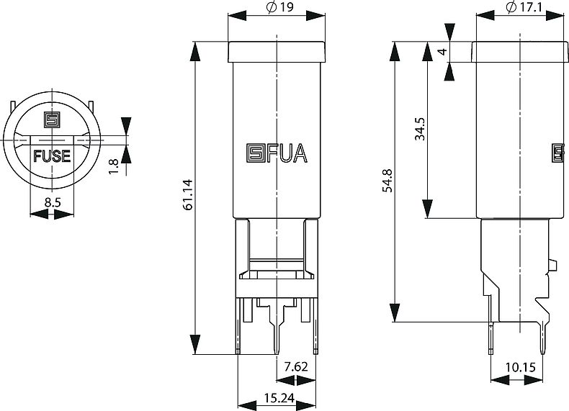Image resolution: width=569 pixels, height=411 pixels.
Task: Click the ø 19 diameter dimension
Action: click(x=279, y=7)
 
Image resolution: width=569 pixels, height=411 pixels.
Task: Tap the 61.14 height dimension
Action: click(x=187, y=195)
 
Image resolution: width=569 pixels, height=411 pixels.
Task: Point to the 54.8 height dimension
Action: click(x=387, y=180)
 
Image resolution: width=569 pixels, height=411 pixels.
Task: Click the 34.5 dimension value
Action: click(x=420, y=129)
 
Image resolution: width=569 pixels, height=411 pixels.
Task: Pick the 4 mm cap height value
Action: click(x=442, y=52)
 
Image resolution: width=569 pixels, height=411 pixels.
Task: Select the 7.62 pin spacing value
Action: click(x=296, y=367)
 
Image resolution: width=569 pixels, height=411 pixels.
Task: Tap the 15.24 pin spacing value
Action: click(x=279, y=398)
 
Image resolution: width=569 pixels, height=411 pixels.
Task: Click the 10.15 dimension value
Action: click(x=520, y=368)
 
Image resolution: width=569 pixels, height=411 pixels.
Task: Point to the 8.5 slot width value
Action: click(x=53, y=202)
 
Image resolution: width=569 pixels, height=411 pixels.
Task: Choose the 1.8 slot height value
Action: click(x=114, y=166)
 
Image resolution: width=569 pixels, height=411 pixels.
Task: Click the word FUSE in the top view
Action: click(x=52, y=156)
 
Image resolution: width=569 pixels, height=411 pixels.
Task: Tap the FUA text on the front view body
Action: click(x=287, y=153)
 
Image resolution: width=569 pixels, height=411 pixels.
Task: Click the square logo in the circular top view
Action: click(x=53, y=120)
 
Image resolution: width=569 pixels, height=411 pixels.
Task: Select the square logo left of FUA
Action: click(x=256, y=153)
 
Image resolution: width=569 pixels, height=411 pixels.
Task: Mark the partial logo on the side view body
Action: click(x=558, y=153)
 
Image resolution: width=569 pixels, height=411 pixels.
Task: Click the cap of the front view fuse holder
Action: click(x=277, y=52)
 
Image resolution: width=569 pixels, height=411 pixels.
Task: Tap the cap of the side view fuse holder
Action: click(x=520, y=52)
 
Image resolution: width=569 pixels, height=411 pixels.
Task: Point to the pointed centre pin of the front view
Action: click(x=277, y=328)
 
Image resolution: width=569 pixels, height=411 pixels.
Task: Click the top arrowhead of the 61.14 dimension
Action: click(x=196, y=52)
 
